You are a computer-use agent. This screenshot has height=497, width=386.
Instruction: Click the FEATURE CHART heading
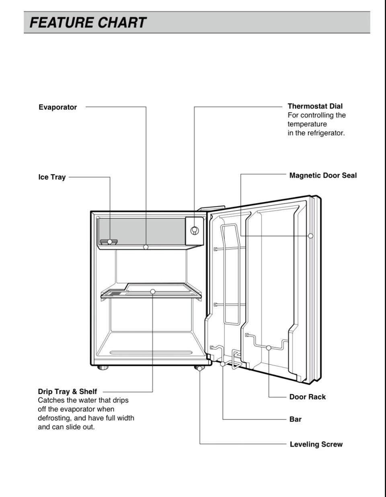(x=88, y=23)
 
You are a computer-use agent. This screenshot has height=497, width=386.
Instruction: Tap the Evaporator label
(x=57, y=107)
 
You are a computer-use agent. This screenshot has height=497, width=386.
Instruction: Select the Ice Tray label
(x=52, y=177)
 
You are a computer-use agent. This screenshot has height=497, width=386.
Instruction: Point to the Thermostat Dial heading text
(x=315, y=106)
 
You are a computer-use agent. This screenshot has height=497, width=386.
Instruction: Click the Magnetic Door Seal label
(x=322, y=175)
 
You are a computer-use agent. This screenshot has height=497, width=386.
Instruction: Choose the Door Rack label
(x=307, y=397)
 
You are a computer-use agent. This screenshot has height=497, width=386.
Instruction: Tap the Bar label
(x=295, y=419)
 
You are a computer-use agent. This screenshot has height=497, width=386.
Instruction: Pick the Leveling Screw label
(x=316, y=444)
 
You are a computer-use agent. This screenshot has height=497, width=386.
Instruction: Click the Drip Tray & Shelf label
(x=67, y=391)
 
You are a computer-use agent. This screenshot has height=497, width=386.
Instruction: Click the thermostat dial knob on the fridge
(x=194, y=230)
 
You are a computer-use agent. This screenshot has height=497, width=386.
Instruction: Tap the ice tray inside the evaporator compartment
(x=109, y=242)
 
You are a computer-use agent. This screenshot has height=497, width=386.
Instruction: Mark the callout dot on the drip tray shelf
(x=153, y=291)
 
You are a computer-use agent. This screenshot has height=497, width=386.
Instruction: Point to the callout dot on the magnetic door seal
(x=310, y=236)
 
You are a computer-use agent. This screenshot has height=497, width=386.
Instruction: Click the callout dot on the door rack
(x=269, y=348)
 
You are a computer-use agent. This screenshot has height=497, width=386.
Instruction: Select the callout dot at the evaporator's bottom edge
(x=146, y=247)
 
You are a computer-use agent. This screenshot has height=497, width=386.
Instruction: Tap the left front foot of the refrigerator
(x=103, y=368)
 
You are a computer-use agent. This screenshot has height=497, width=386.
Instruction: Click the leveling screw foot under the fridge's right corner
(x=199, y=368)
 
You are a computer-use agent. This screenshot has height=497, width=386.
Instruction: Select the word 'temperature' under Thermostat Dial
(x=307, y=124)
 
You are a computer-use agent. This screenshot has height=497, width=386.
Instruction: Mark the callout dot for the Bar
(x=223, y=364)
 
